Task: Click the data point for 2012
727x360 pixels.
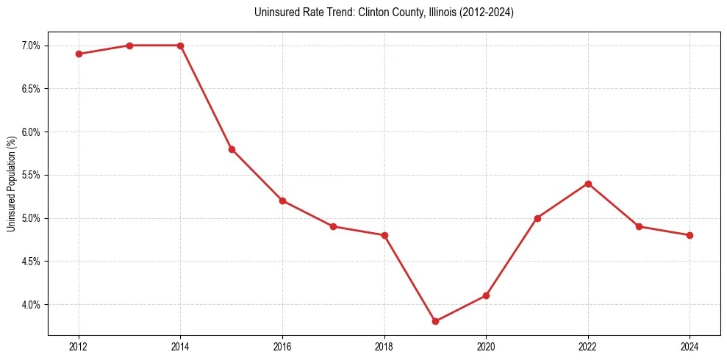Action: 79,54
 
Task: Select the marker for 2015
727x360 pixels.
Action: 232,149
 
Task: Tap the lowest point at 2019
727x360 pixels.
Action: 435,321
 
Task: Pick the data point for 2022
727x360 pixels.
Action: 588,184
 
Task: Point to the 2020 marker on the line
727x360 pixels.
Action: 486,295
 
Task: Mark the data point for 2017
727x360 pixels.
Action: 333,226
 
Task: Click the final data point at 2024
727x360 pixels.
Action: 690,235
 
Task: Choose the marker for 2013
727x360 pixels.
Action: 129,46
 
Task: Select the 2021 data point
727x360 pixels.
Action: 537,218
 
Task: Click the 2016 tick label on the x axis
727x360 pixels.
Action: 282,345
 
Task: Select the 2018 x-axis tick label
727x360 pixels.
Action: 384,345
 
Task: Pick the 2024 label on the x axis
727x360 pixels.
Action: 690,345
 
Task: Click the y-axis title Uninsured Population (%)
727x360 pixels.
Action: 11,184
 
